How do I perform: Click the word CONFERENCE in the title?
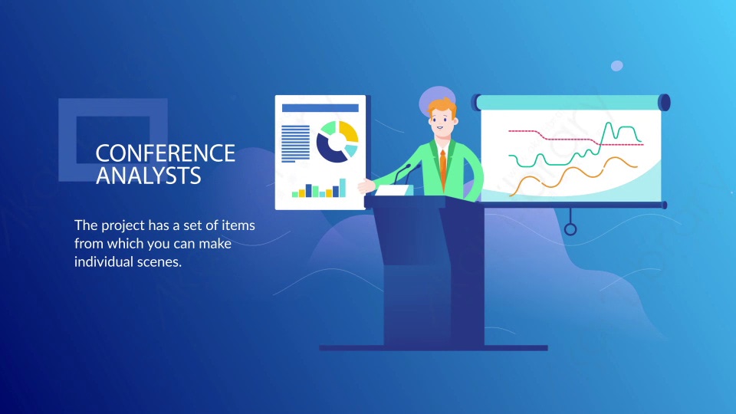click(x=166, y=153)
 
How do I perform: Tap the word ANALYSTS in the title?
click(x=148, y=176)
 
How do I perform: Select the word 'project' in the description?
click(x=123, y=225)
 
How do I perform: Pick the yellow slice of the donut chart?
click(x=350, y=131)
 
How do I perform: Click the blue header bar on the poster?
click(x=320, y=108)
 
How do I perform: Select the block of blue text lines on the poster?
click(x=295, y=143)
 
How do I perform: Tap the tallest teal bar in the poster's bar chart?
click(x=343, y=188)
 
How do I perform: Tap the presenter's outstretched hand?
click(x=366, y=186)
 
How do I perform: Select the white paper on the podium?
click(x=394, y=190)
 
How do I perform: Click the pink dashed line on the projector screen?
click(x=576, y=137)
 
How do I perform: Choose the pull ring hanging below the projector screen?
click(x=570, y=229)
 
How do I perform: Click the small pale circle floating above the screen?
click(x=616, y=66)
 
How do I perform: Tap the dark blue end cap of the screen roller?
click(x=664, y=102)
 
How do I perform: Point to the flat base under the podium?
click(x=433, y=348)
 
